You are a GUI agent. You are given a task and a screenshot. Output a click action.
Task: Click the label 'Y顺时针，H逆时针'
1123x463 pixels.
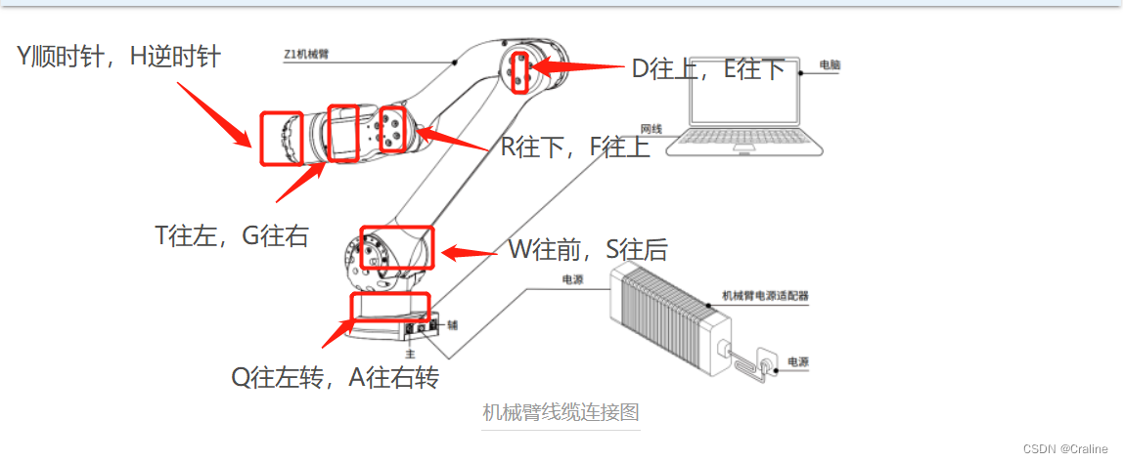point(118,58)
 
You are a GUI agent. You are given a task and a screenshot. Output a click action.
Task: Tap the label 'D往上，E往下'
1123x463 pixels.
point(708,68)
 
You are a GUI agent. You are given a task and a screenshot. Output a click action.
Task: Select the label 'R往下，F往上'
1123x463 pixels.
point(575,147)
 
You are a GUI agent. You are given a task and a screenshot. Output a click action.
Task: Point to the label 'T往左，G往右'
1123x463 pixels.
point(232,235)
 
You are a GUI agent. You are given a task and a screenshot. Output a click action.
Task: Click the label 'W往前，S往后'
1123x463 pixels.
point(587,250)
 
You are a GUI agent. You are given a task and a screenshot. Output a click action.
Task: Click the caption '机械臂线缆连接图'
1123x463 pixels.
point(561,412)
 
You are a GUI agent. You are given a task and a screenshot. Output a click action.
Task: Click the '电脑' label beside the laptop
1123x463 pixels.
point(829,65)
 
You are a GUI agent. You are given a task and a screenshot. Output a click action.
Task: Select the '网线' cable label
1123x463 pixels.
point(651,128)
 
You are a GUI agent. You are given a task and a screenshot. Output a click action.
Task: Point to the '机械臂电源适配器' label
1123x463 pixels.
point(765,294)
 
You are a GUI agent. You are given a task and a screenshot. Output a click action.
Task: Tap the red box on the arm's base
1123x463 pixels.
point(389,307)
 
